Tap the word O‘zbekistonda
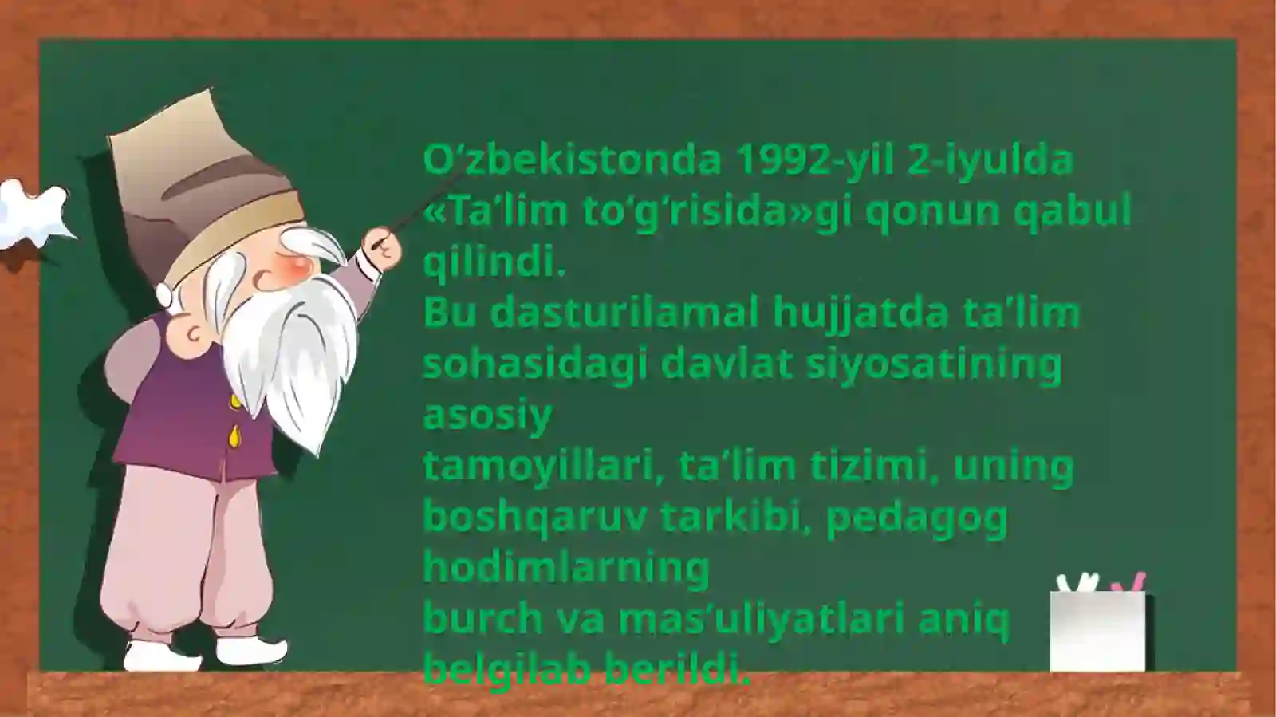coord(573,160)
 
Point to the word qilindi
coord(494,262)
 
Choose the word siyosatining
coord(934,364)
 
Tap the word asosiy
coord(487,415)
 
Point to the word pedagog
coord(917,518)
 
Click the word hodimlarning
coord(566,568)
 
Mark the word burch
coord(472,619)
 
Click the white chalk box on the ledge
coord(1097,630)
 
